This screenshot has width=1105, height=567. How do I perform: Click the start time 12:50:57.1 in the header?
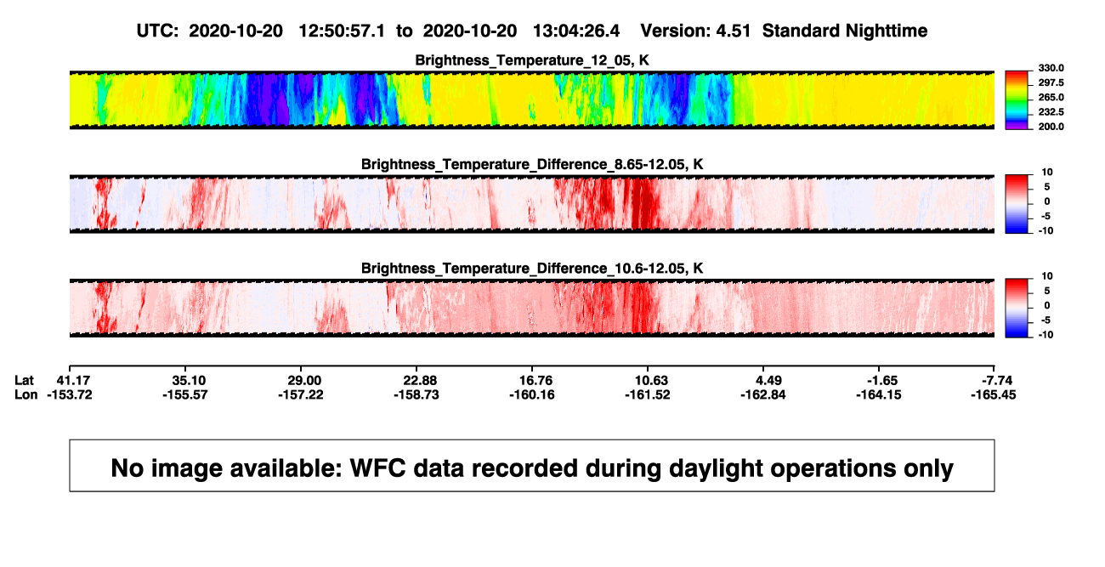(342, 31)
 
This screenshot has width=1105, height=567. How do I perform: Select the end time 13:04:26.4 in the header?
(576, 31)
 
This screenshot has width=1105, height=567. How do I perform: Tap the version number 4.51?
(733, 31)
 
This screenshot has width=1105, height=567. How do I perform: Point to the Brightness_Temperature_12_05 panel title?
(532, 60)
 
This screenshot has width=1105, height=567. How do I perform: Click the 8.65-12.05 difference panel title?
(532, 164)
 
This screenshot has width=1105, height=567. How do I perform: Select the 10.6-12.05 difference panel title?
(532, 269)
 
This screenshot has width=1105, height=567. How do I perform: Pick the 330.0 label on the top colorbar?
(1051, 68)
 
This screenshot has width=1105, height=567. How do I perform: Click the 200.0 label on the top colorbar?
(1051, 127)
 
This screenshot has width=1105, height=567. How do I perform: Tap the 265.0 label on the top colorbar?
(1051, 97)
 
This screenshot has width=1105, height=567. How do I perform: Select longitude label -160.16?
(532, 394)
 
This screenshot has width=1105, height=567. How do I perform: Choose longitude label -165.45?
(993, 394)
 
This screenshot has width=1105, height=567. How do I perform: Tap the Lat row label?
(24, 381)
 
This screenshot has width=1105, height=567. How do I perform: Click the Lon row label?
(26, 394)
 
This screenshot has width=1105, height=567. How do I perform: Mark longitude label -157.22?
(300, 394)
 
